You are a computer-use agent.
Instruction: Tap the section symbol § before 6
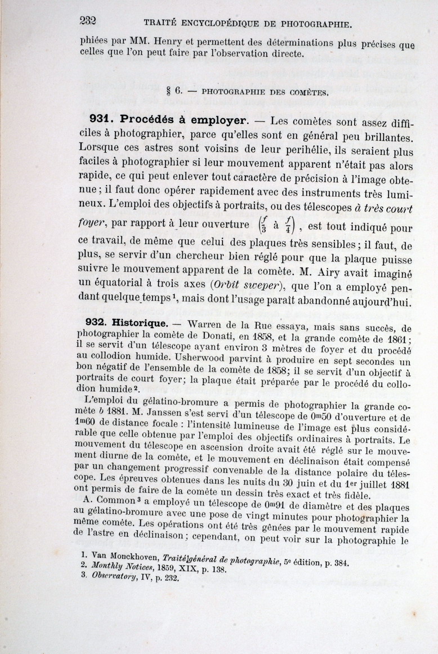[169, 90]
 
